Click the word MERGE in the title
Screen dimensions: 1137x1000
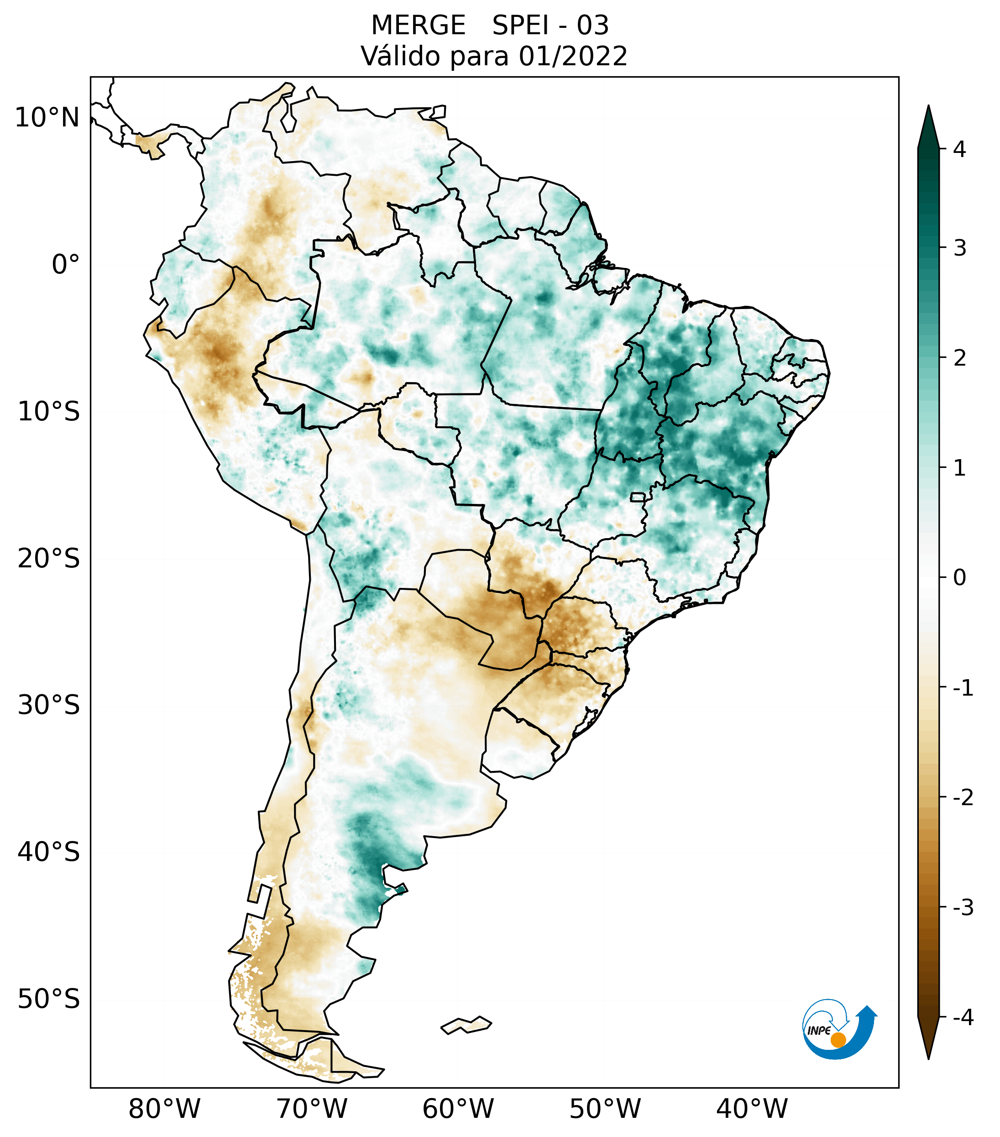pos(418,26)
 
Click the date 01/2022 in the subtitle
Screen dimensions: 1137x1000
pos(573,56)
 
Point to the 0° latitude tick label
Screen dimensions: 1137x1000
pos(66,265)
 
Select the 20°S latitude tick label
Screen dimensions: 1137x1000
pos(49,559)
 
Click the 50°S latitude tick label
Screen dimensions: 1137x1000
pos(49,999)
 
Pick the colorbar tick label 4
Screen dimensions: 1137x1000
pos(959,149)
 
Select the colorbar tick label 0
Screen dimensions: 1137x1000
pos(959,578)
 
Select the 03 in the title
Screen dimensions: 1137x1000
pos(592,26)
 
